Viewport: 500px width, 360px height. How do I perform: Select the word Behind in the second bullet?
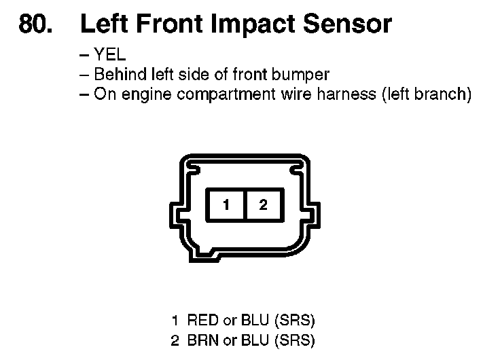[x=116, y=75]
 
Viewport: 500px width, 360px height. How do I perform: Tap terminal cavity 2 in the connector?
[x=262, y=204]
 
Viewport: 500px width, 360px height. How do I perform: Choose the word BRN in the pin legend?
[x=202, y=340]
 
